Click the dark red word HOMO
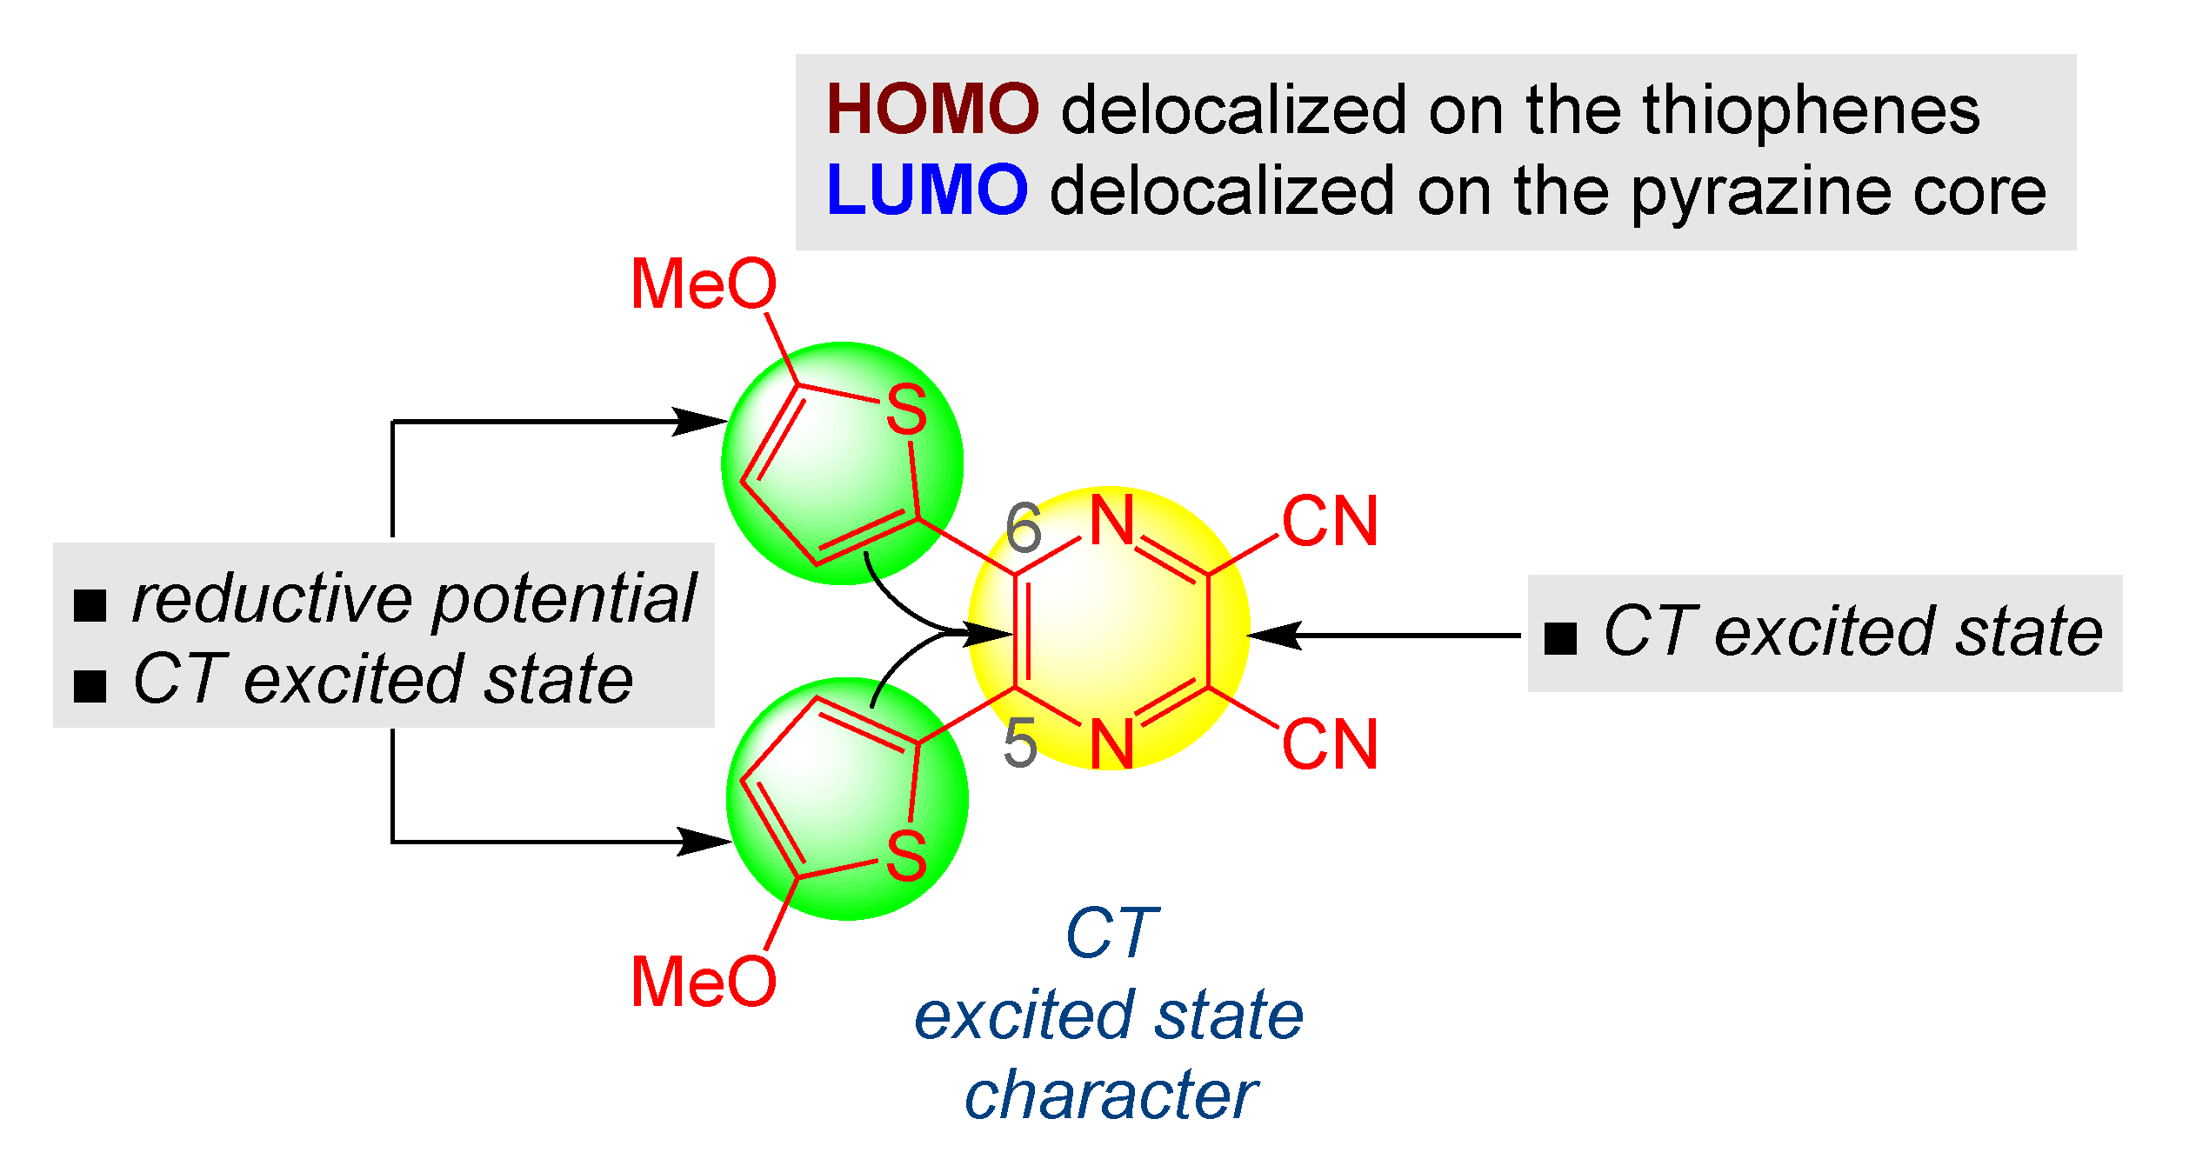pos(931,110)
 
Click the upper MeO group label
pos(703,284)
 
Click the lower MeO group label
pos(703,982)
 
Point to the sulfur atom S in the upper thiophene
pos(906,410)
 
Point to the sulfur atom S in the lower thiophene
pos(906,856)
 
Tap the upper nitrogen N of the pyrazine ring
pos(1112,521)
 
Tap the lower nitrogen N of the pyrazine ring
pos(1112,744)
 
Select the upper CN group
pos(1330,522)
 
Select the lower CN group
pos(1330,744)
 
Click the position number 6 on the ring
pos(1023,529)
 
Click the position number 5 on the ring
pos(1020,743)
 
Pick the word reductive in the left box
pos(271,599)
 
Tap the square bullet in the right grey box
pos(1560,638)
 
